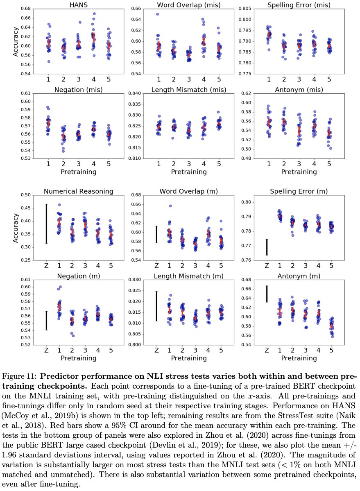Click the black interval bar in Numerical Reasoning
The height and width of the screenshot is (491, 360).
46,224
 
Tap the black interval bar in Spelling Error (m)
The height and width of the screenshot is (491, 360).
267,247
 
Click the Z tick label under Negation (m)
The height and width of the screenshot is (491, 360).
46,350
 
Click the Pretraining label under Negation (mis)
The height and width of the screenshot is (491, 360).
78,172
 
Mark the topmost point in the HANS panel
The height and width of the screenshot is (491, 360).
94,14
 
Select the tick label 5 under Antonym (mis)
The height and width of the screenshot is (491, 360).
330,164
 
